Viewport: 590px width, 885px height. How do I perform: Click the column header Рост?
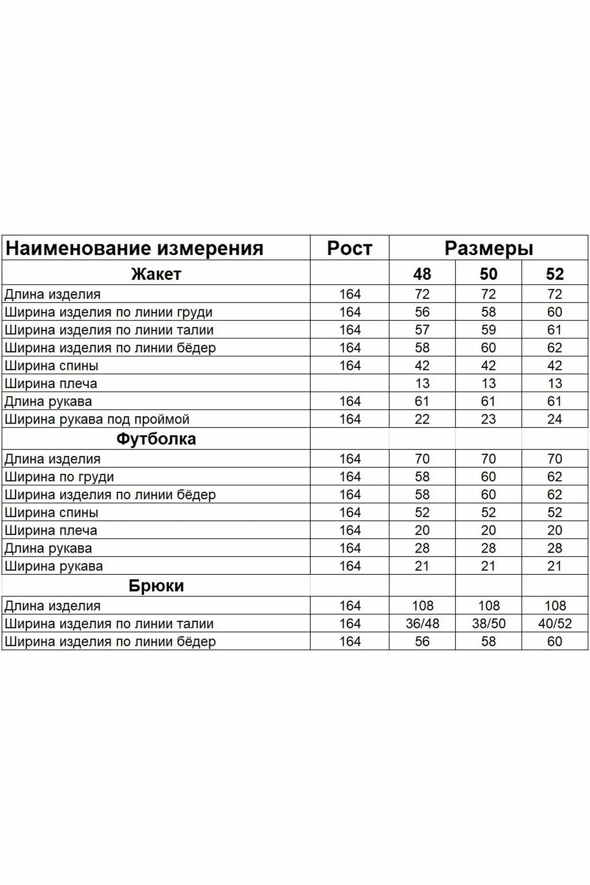349,248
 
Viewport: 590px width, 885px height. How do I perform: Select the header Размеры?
488,248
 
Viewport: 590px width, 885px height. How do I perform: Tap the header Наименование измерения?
134,248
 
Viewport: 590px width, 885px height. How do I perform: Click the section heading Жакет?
156,274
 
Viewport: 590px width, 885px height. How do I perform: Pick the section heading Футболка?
156,439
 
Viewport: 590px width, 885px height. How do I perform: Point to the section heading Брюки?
156,585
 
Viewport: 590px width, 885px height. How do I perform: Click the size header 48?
422,274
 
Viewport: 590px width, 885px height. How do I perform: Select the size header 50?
488,274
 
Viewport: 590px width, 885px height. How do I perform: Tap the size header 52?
555,274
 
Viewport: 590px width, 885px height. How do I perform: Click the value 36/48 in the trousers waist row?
422,623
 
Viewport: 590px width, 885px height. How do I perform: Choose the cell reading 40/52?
555,623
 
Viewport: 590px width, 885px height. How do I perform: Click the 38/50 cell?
489,623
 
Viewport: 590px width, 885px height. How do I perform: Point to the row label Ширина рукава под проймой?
97,419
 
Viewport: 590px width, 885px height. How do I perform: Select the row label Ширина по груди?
59,477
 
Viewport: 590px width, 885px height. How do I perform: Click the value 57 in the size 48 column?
422,330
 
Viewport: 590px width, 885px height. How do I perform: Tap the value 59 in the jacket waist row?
488,330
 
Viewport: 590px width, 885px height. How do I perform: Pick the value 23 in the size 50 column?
488,419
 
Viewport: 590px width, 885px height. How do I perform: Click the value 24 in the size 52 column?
555,419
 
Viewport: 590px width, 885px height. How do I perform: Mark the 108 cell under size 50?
489,605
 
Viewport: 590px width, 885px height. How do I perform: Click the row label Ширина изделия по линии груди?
108,312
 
